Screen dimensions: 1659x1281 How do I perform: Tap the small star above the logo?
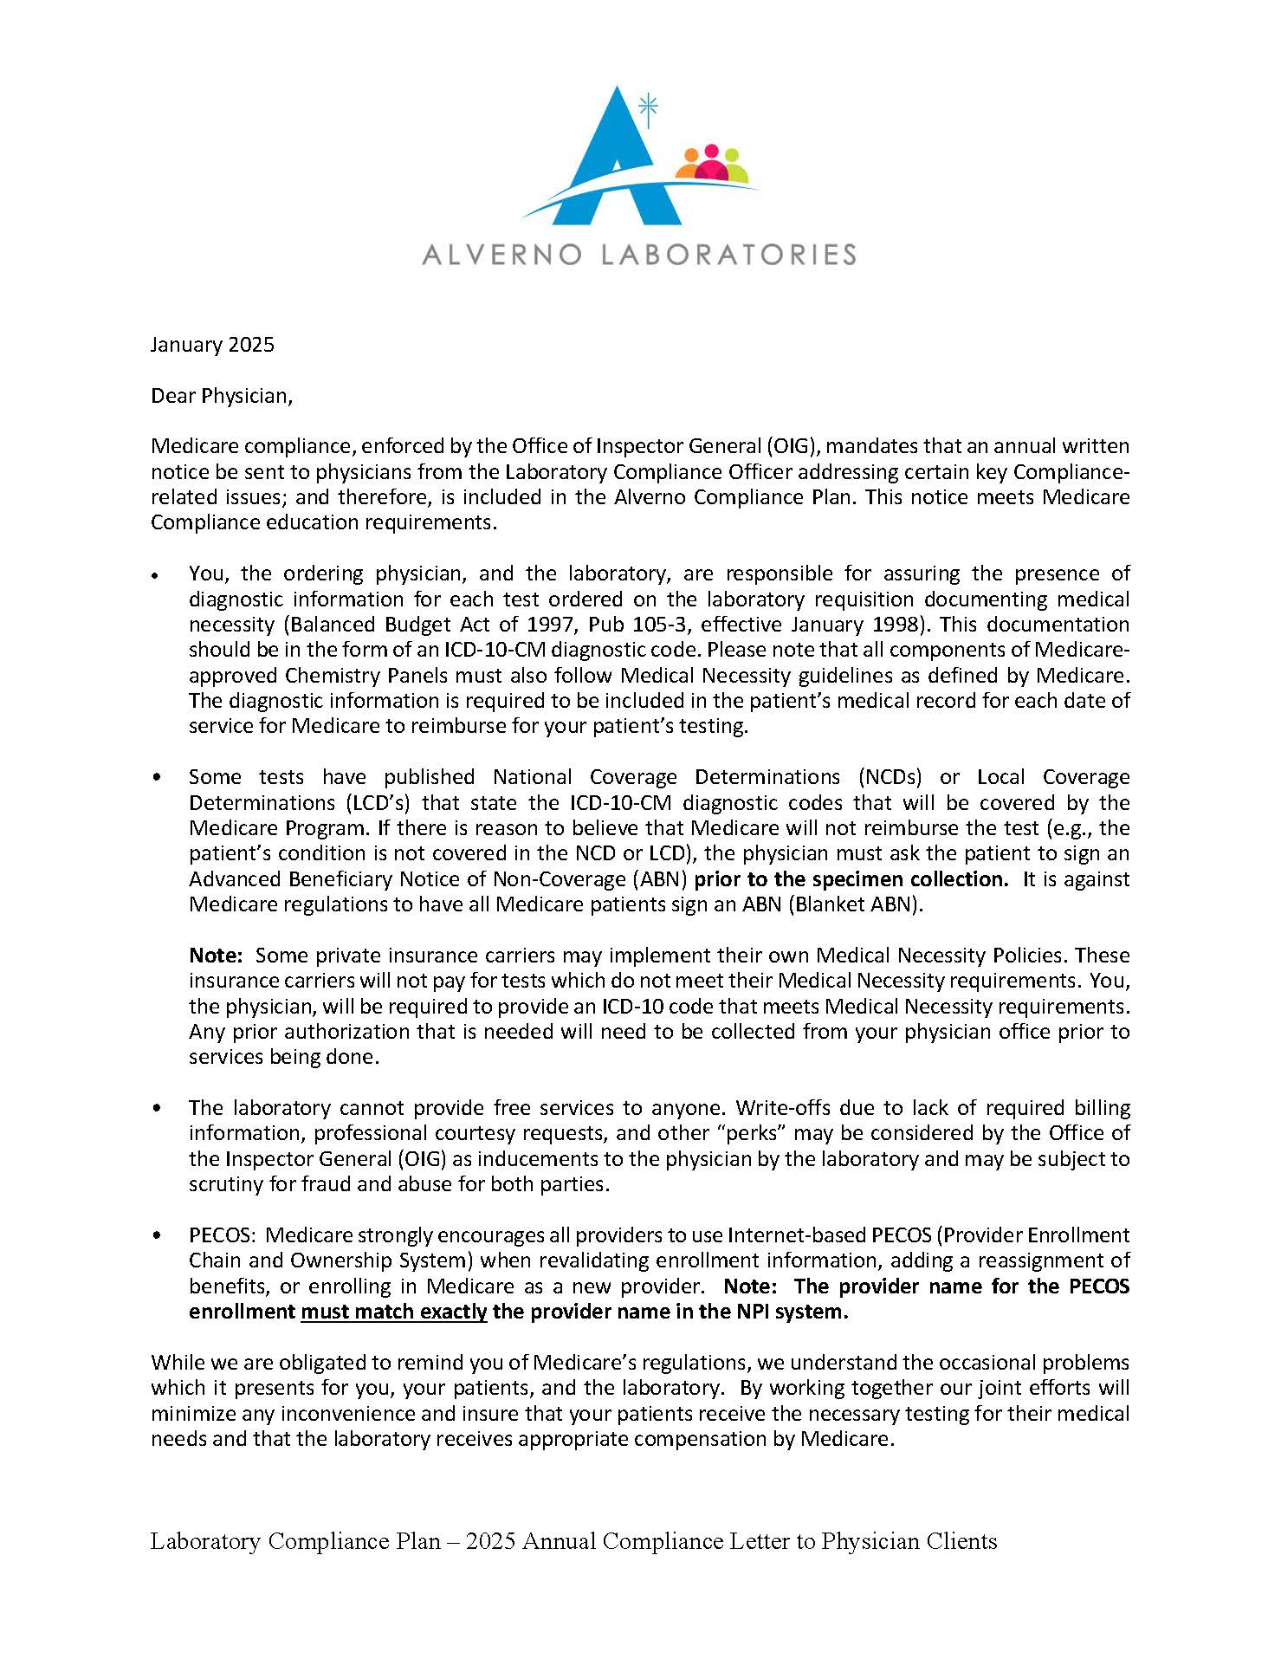[x=648, y=108]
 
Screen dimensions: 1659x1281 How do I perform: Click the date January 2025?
[x=212, y=345]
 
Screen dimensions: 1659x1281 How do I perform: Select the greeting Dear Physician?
[x=222, y=396]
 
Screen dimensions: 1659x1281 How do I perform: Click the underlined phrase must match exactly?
[x=394, y=1312]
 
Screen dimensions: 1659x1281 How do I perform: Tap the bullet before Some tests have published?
[x=157, y=778]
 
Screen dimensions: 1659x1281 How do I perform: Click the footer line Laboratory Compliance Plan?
[x=573, y=1541]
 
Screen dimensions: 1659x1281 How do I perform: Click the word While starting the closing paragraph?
[x=176, y=1363]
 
